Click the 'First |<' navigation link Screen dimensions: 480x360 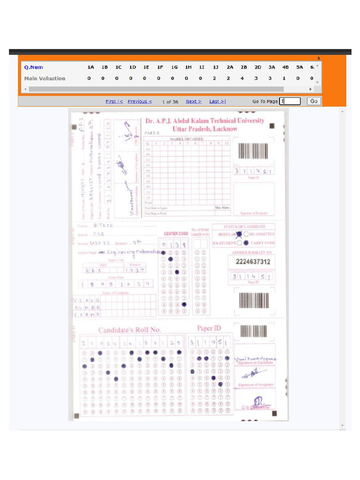[114, 101]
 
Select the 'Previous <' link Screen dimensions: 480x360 [140, 101]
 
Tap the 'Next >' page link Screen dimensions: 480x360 [193, 101]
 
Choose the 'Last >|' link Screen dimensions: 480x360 [217, 101]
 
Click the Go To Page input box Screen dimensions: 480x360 [290, 101]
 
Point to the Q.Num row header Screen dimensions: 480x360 [34, 67]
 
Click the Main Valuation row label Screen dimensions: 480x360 [45, 78]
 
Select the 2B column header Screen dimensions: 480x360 [244, 67]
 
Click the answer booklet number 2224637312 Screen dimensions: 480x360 [253, 262]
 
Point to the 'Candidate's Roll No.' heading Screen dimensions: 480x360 [129, 330]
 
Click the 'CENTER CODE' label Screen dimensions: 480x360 [176, 233]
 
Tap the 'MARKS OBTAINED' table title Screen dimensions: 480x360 [187, 139]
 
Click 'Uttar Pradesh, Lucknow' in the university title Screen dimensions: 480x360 [205, 129]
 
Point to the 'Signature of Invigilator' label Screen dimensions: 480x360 [255, 385]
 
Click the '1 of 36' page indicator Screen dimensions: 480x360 [170, 102]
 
